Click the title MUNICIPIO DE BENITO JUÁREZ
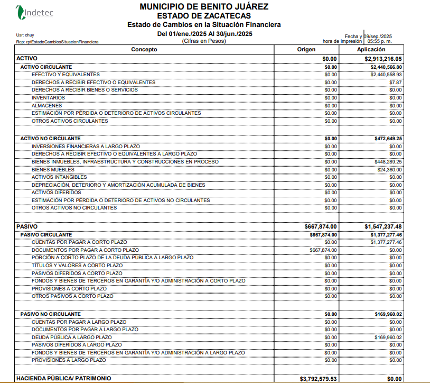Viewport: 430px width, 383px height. click(x=204, y=7)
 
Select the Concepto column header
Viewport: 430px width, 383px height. click(x=144, y=50)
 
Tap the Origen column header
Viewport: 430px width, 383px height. click(x=306, y=50)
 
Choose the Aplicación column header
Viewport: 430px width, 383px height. click(x=372, y=50)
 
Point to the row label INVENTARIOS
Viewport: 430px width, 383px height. click(x=48, y=98)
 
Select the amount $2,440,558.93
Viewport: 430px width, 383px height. click(x=386, y=75)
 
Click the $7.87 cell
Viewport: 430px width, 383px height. click(x=396, y=83)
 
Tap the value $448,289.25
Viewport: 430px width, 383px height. click(x=388, y=161)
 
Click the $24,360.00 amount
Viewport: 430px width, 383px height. click(x=390, y=169)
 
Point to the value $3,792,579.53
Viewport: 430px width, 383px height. click(x=318, y=379)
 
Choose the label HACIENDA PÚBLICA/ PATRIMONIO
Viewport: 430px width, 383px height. click(x=64, y=379)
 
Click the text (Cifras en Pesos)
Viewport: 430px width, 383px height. click(x=204, y=41)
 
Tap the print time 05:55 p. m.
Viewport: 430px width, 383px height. click(x=380, y=41)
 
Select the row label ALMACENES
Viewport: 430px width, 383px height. click(x=46, y=106)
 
